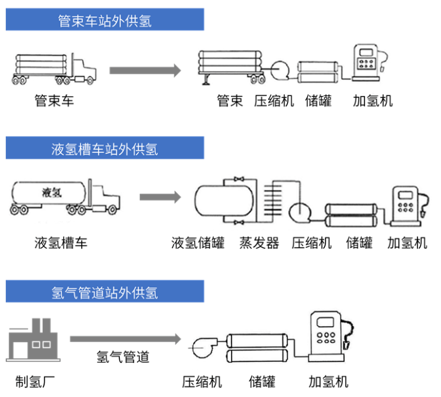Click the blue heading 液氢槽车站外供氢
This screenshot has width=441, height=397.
click(105, 150)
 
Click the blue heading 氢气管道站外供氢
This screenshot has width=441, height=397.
click(105, 293)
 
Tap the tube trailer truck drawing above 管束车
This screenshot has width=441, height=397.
click(54, 68)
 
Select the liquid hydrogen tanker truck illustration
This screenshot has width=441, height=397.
click(64, 197)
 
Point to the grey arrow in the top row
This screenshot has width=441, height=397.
click(145, 70)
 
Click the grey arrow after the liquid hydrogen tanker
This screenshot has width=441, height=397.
click(160, 197)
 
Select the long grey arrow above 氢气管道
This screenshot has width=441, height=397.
click(125, 339)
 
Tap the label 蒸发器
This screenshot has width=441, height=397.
click(259, 243)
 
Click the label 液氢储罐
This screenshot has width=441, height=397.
click(198, 243)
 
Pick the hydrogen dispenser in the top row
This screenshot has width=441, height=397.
click(368, 63)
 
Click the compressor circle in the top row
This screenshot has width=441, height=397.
click(279, 70)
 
